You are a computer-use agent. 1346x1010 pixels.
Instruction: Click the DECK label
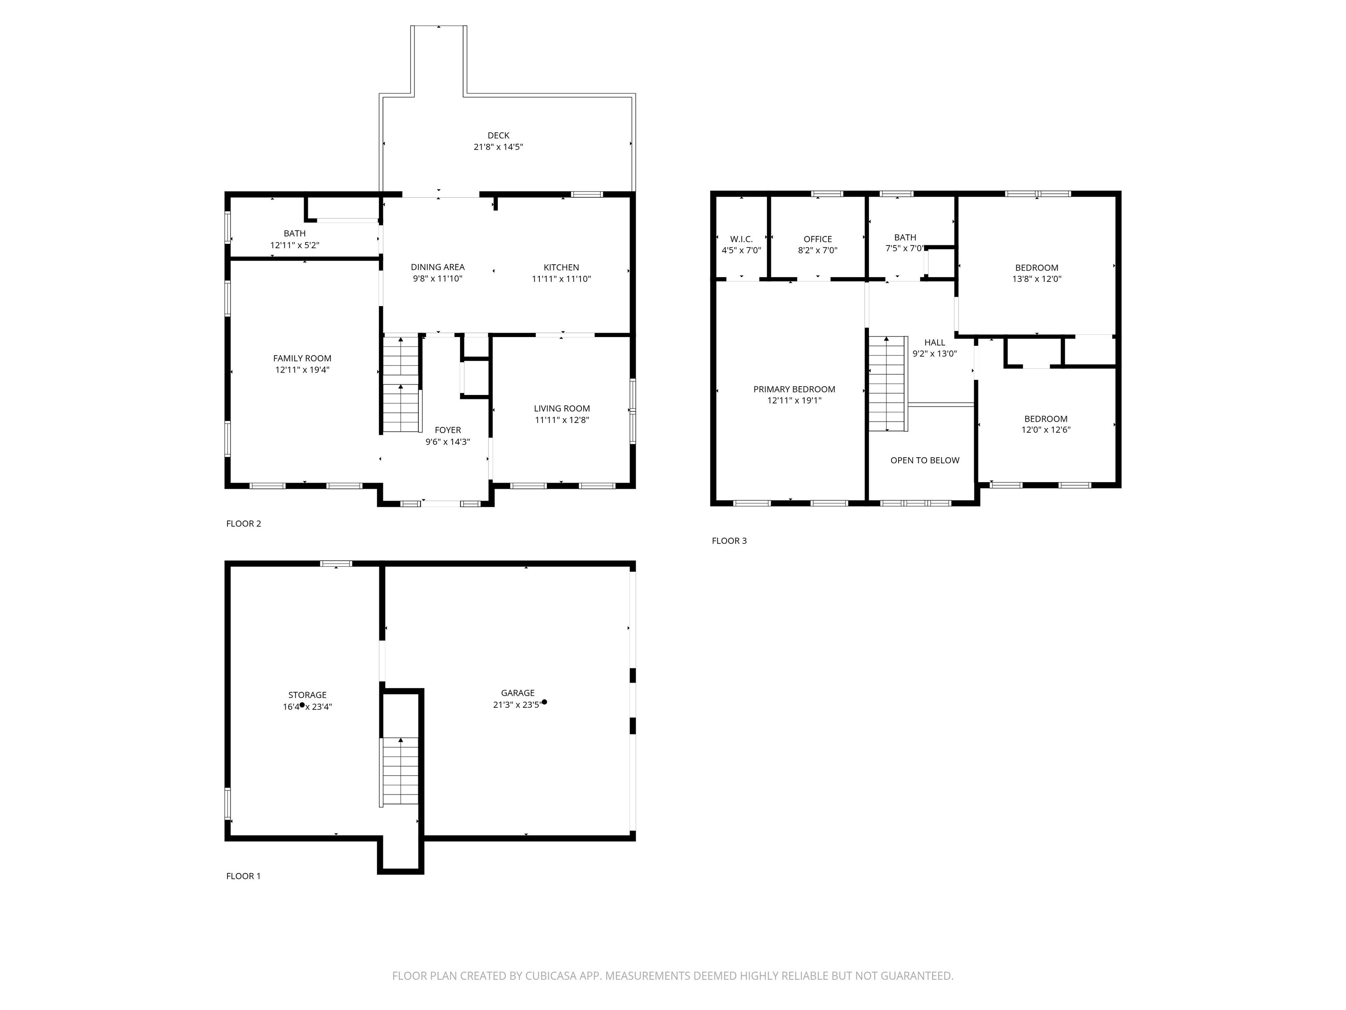tap(498, 135)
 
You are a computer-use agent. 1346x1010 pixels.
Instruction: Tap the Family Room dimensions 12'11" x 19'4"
tap(302, 370)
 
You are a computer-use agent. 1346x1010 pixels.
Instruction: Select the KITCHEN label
tap(561, 267)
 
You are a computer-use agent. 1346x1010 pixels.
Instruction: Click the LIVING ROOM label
tap(562, 409)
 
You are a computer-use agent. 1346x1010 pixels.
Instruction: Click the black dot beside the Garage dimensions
tap(544, 702)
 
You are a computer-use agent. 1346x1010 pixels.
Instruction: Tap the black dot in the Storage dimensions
tap(302, 705)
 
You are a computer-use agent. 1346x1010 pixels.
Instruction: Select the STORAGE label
tap(307, 695)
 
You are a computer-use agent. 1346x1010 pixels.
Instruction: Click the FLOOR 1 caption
tap(244, 876)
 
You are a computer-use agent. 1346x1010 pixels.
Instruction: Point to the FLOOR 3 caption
tap(729, 541)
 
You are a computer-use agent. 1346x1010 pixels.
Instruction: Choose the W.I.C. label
tap(741, 239)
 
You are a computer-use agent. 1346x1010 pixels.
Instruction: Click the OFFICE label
tap(817, 239)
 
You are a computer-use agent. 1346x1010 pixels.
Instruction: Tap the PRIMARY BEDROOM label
tap(794, 389)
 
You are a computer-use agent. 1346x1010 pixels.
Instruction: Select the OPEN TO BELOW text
tap(924, 460)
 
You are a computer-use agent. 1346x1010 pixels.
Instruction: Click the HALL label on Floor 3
tap(934, 342)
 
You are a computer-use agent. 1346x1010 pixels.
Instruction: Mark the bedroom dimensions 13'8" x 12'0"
tap(1036, 279)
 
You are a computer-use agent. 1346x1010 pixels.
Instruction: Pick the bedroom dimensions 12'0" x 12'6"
tap(1045, 429)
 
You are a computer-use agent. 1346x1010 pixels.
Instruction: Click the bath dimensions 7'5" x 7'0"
tap(905, 249)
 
